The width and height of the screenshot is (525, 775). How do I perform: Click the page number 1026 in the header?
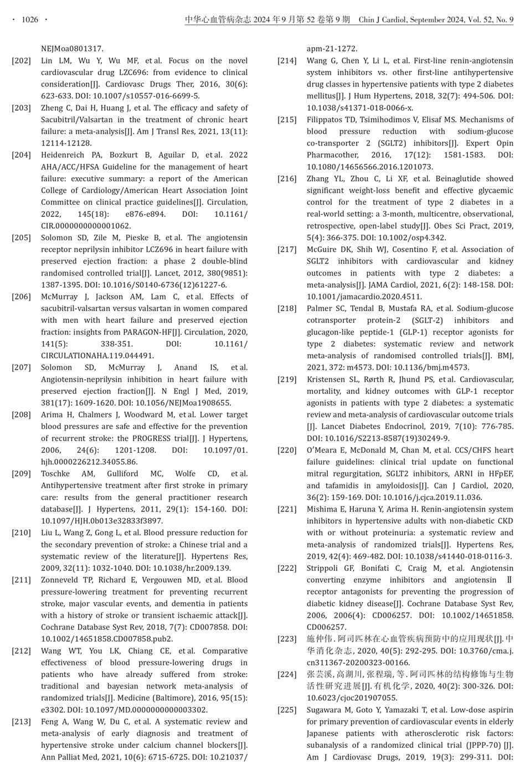coord(30,20)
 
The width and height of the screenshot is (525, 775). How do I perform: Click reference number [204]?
coord(22,155)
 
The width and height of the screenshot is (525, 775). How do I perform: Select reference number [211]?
coord(22,580)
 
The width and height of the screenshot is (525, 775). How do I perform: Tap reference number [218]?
coord(287,308)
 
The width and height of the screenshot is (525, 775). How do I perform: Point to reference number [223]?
coord(287,639)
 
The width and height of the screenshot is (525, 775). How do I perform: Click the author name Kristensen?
coord(328,380)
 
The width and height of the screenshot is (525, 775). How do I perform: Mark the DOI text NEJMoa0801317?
coord(72,49)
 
